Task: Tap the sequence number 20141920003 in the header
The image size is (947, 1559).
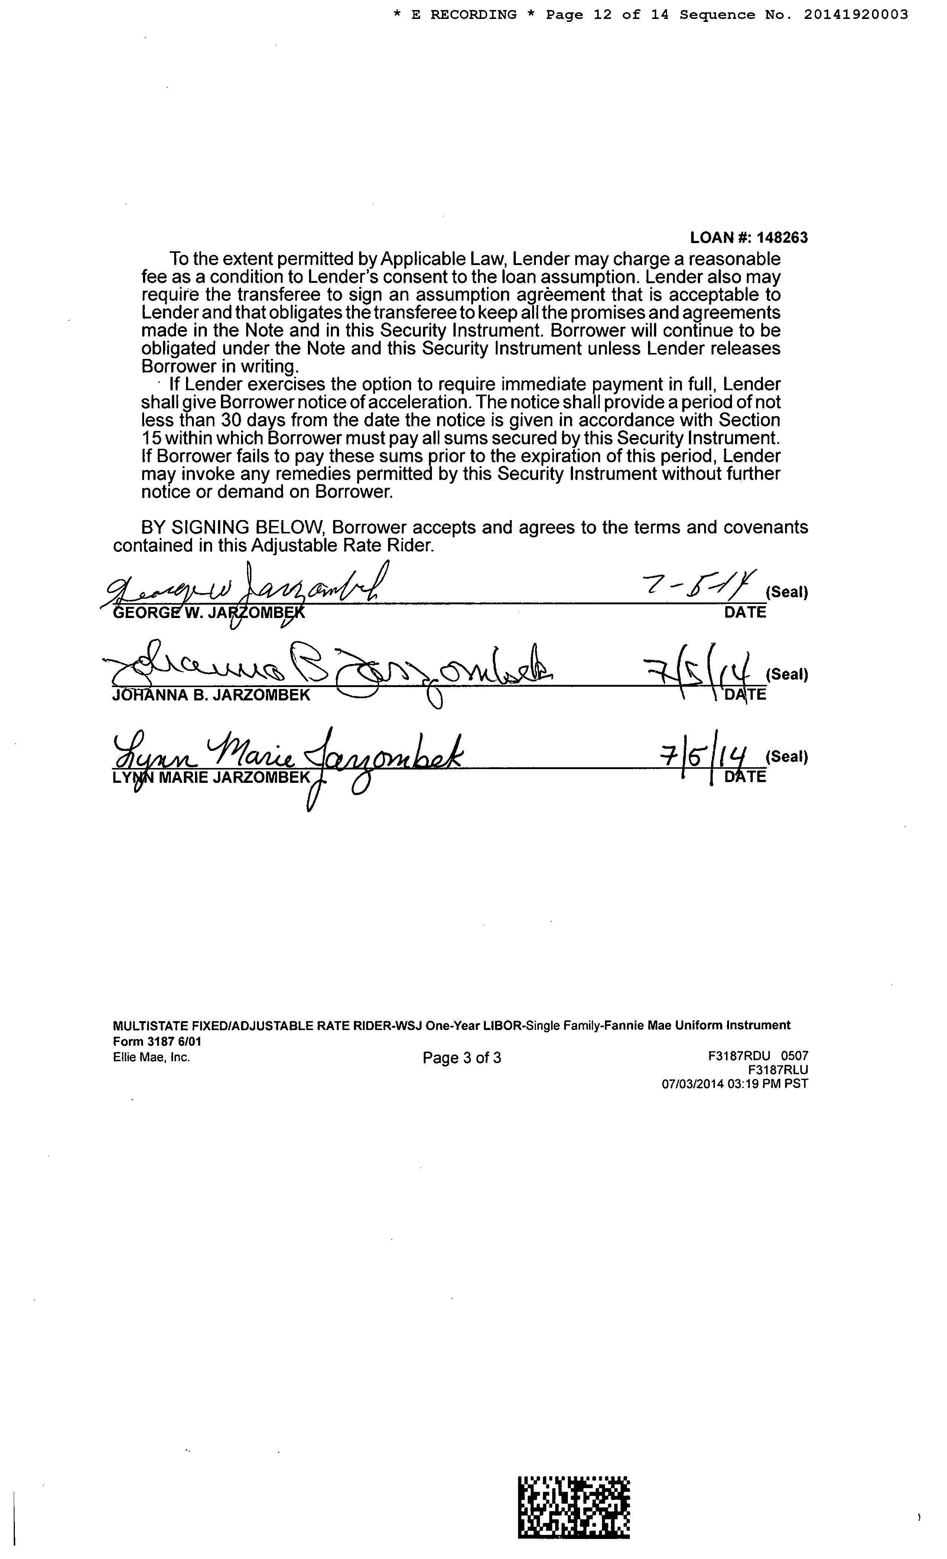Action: pyautogui.click(x=856, y=14)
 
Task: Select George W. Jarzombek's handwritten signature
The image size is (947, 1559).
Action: pyautogui.click(x=247, y=588)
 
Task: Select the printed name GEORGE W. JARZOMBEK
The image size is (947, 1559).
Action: pyautogui.click(x=208, y=612)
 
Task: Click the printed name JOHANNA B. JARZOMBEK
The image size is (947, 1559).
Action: pyautogui.click(x=211, y=695)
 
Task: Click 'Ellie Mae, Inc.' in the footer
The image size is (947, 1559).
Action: pyautogui.click(x=151, y=1057)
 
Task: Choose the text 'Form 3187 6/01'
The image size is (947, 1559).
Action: pyautogui.click(x=157, y=1042)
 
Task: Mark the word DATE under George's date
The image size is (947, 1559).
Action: pyautogui.click(x=745, y=612)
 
